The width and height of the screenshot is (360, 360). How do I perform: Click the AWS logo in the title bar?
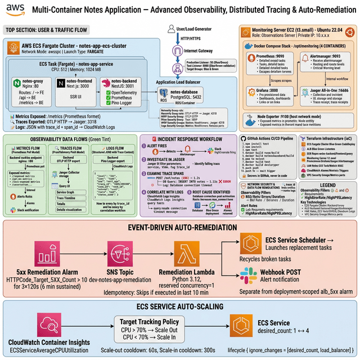tap(16, 10)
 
